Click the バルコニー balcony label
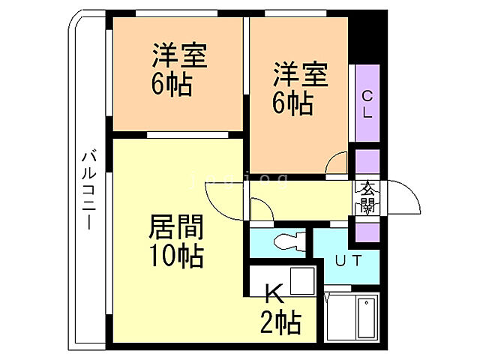pyautogui.click(x=88, y=191)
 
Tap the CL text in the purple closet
pyautogui.click(x=367, y=103)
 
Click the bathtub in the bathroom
pyautogui.click(x=366, y=319)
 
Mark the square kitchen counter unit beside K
pyautogui.click(x=302, y=281)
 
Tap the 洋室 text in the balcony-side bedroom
pyautogui.click(x=180, y=56)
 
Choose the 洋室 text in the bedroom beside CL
pyautogui.click(x=300, y=76)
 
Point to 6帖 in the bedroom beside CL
pyautogui.click(x=292, y=103)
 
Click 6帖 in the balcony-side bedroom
pyautogui.click(x=172, y=83)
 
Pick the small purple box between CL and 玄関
pyautogui.click(x=367, y=163)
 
